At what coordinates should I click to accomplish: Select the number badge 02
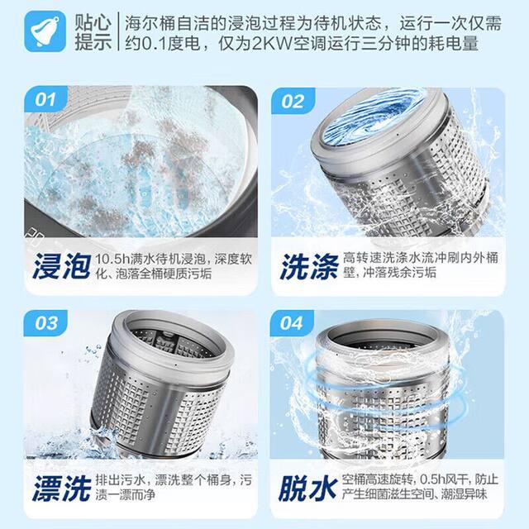(x=293, y=102)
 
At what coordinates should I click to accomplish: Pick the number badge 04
(x=292, y=323)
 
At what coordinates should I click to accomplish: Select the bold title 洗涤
(x=307, y=267)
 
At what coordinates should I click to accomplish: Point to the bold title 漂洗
(x=60, y=488)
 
